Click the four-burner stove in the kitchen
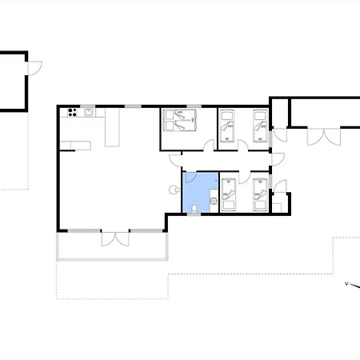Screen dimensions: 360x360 (72, 113)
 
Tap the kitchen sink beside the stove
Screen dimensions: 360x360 (89, 112)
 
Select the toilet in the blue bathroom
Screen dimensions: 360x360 (194, 209)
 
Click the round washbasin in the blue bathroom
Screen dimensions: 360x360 (214, 201)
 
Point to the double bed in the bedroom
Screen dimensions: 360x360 (180, 120)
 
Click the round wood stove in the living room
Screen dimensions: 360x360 (174, 190)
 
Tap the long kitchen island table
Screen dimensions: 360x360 (112, 127)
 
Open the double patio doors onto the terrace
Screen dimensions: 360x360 (115, 238)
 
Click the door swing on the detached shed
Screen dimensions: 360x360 (35, 68)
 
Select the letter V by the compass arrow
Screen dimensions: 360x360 (346, 284)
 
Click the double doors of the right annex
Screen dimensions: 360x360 (324, 137)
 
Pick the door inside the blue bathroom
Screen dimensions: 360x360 (191, 178)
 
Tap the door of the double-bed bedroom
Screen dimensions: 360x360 (209, 145)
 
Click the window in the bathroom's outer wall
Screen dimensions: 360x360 (194, 214)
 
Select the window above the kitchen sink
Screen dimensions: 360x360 (88, 106)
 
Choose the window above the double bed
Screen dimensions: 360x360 (194, 106)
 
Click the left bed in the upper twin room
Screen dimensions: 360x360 (227, 126)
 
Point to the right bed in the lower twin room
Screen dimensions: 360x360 (260, 195)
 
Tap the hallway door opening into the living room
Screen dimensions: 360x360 (175, 161)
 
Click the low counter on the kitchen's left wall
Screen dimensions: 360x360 (75, 146)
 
